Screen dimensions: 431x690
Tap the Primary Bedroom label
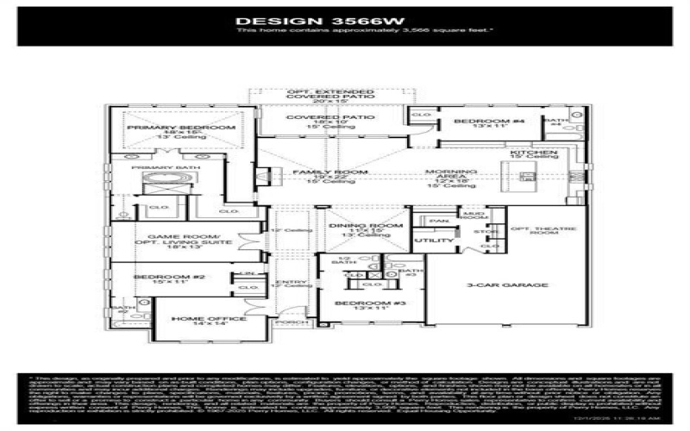pos(181,128)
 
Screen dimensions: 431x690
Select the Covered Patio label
pos(318,117)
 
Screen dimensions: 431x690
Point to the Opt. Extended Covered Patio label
pos(318,93)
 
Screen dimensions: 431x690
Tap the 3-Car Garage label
pos(496,284)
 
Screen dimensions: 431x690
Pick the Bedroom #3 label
pos(362,304)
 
